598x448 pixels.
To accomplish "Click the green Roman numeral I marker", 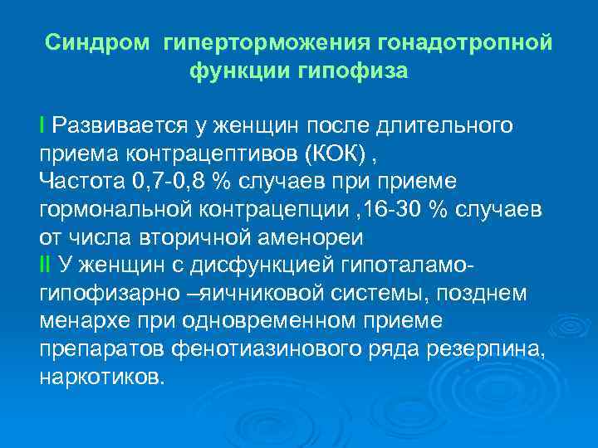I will tap(42, 125).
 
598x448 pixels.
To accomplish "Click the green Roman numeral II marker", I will tap(45, 265).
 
